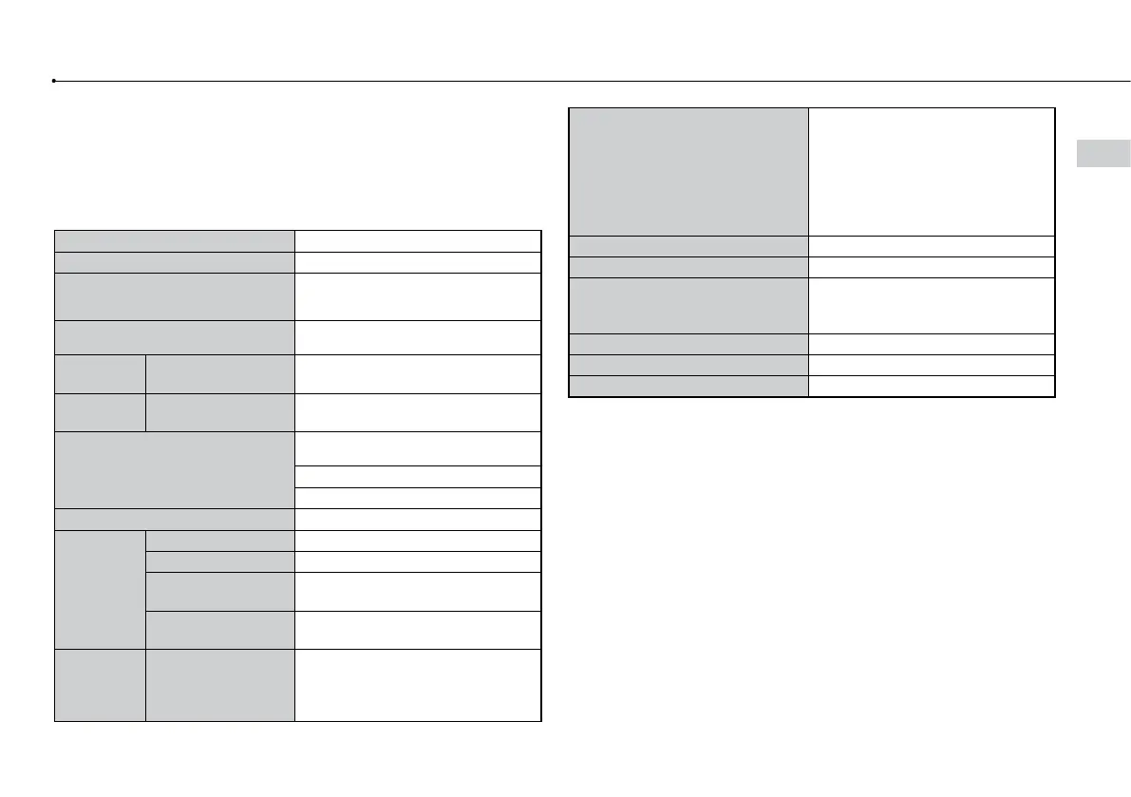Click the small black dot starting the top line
pyautogui.click(x=55, y=81)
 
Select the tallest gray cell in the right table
pyautogui.click(x=688, y=171)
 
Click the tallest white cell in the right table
pyautogui.click(x=932, y=171)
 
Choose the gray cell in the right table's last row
pyautogui.click(x=688, y=386)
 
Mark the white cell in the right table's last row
pyautogui.click(x=932, y=386)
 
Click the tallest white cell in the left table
pyautogui.click(x=418, y=685)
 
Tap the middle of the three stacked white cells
pyautogui.click(x=418, y=477)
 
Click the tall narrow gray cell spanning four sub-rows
pyautogui.click(x=100, y=589)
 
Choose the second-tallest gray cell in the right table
pyautogui.click(x=688, y=304)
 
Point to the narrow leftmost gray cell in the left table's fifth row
pyautogui.click(x=100, y=373)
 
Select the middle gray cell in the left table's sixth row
pyautogui.click(x=219, y=412)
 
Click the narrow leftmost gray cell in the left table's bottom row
pyautogui.click(x=100, y=685)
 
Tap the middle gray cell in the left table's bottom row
pyautogui.click(x=219, y=685)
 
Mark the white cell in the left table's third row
pyautogui.click(x=418, y=296)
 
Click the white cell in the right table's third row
pyautogui.click(x=932, y=267)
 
